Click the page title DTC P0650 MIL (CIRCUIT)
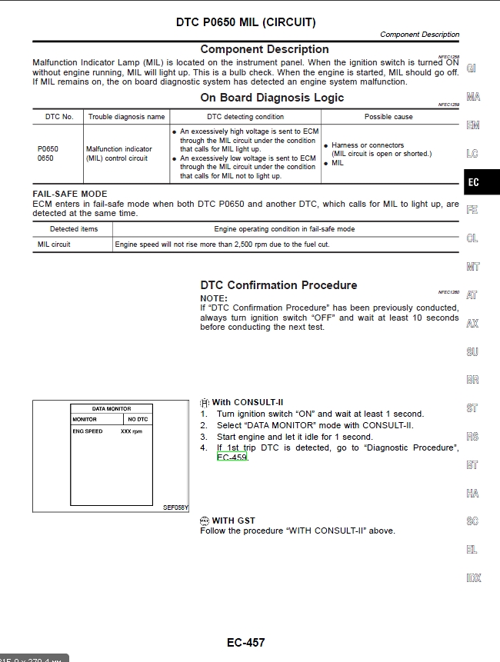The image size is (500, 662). [246, 22]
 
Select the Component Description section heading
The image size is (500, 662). [265, 49]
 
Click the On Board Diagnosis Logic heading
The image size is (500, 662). [272, 98]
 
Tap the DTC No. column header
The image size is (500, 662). [59, 117]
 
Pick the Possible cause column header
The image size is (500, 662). [388, 117]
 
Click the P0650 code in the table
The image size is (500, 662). [48, 149]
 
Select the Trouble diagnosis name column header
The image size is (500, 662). [127, 117]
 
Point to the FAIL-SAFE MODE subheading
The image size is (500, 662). [70, 194]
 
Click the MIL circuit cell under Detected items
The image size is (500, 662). [54, 245]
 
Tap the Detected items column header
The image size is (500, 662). [74, 229]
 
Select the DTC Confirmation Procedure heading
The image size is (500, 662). [278, 285]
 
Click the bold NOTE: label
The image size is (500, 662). [214, 298]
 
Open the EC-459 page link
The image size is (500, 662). [232, 457]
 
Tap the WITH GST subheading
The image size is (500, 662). [233, 521]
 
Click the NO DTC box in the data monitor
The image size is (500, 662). [138, 420]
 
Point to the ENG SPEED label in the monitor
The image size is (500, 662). [88, 431]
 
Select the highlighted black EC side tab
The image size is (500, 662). [473, 182]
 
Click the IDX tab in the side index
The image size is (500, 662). [473, 578]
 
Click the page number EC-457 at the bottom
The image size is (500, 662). [246, 643]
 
